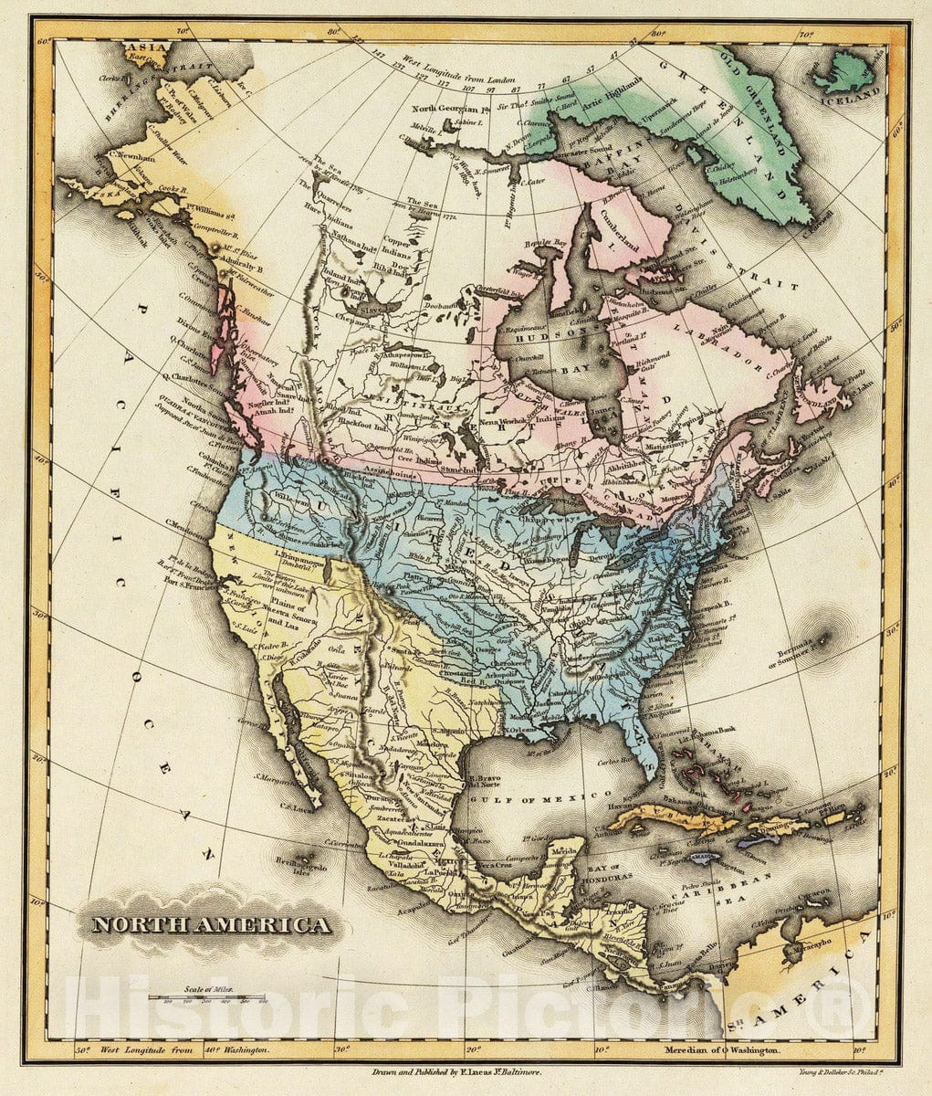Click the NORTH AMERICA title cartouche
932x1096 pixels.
coord(211,924)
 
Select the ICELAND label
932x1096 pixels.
coord(854,92)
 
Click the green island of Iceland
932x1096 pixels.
coord(844,71)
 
